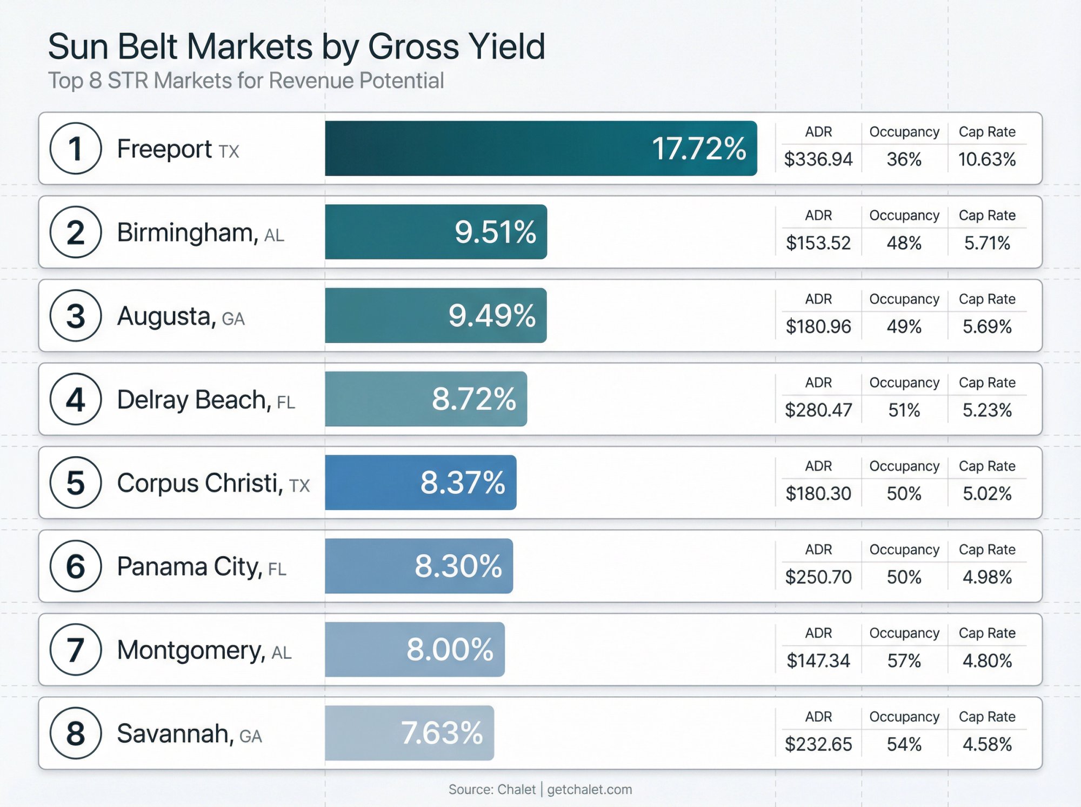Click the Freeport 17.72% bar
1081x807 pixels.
(x=540, y=148)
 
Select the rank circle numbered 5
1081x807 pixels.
(x=76, y=482)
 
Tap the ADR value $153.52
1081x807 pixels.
(x=818, y=243)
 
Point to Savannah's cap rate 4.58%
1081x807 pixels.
(x=986, y=744)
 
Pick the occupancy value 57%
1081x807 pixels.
(x=904, y=661)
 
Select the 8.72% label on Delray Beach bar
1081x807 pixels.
(x=473, y=399)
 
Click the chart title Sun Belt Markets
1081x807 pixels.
(x=296, y=46)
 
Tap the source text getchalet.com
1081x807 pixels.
(x=589, y=789)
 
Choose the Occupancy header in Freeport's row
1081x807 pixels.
(x=904, y=132)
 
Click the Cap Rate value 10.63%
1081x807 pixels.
(x=986, y=159)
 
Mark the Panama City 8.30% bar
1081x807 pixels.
(x=419, y=566)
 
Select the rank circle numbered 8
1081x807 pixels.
(x=76, y=733)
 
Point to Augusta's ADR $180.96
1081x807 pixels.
(x=818, y=326)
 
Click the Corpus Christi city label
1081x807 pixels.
(x=200, y=483)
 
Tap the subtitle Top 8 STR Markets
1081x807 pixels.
(x=246, y=81)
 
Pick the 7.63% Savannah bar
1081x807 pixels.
(x=409, y=733)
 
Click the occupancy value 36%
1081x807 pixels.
(x=904, y=159)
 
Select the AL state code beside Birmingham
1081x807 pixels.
(x=274, y=235)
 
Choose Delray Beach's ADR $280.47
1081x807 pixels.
(x=818, y=410)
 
